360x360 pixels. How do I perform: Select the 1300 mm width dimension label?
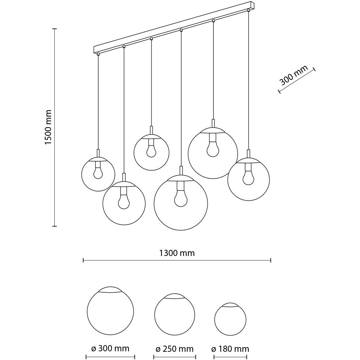pos(177,253)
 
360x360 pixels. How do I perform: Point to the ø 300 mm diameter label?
pos(110,348)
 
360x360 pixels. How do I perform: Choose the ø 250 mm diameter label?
pos(175,349)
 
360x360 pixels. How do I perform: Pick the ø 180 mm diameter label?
pos(230,349)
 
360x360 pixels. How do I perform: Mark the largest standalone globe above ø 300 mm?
pos(111,311)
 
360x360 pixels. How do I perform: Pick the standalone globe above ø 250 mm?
pos(175,314)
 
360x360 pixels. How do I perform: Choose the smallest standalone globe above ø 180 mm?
pos(230,319)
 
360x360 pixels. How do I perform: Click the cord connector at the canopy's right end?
pos(248,10)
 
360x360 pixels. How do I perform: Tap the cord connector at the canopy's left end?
pos(98,54)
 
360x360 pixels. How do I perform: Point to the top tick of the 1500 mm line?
pos(54,29)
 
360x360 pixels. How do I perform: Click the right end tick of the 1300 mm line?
pos(271,260)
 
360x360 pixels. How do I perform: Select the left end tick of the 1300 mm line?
pos(84,260)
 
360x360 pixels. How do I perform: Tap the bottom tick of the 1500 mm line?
pos(54,226)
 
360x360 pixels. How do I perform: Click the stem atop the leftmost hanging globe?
pos(98,153)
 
